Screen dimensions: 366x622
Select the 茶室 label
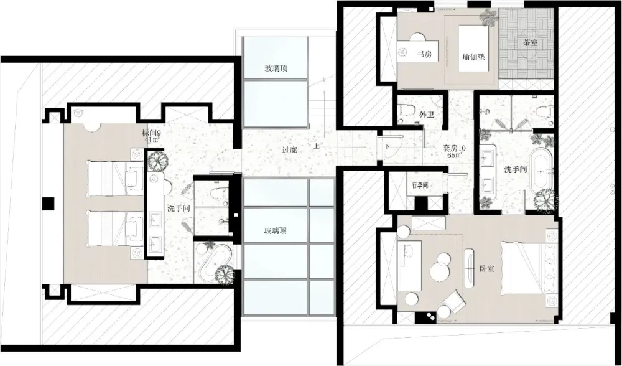click(531, 43)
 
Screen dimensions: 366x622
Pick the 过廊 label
click(290, 149)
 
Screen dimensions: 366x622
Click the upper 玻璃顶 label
click(276, 68)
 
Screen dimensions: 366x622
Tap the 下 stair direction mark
click(386, 147)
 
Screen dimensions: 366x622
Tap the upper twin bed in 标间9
click(114, 176)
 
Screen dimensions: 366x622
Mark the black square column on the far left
click(47, 204)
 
